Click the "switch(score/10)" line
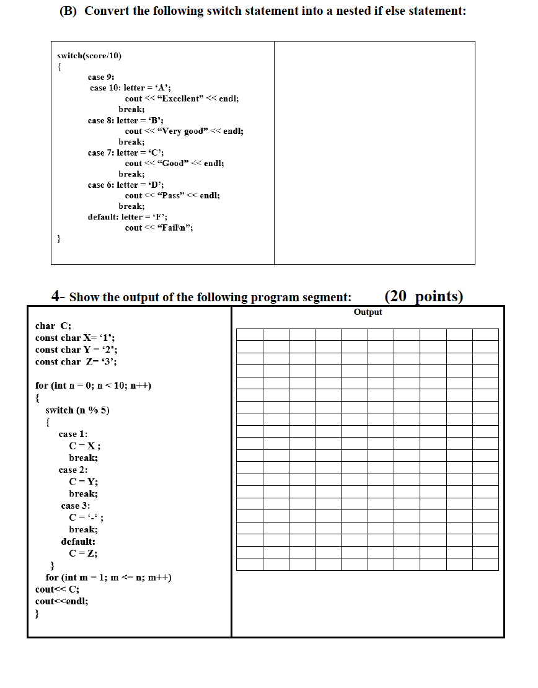89,56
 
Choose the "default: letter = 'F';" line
127,217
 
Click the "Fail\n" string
176,227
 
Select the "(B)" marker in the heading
63,12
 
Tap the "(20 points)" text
423,296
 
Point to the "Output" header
368,312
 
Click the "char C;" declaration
53,326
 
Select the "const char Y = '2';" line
76,350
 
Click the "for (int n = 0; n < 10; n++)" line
94,386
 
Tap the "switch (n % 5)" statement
77,410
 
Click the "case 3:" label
76,506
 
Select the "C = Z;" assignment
83,553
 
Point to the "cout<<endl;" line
61,601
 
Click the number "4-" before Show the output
58,296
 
